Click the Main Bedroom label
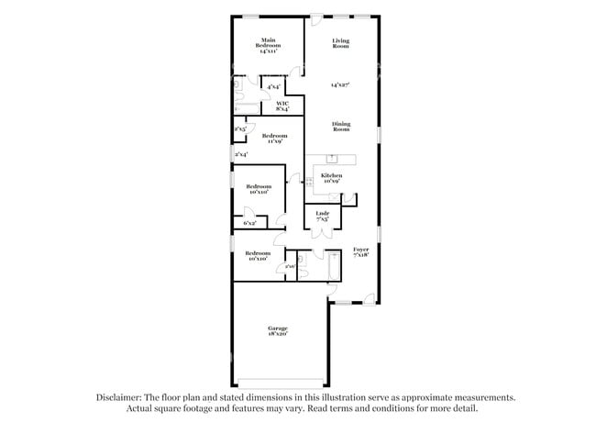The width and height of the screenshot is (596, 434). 269,45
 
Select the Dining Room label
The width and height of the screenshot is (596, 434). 341,127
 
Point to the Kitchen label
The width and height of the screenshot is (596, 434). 331,178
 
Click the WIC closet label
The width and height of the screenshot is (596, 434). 283,106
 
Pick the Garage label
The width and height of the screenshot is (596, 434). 278,331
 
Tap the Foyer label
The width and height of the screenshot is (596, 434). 361,254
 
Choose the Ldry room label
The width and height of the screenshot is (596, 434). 322,218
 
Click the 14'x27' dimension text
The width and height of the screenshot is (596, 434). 341,85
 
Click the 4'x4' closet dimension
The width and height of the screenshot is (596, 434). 273,87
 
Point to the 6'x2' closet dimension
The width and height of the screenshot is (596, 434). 249,223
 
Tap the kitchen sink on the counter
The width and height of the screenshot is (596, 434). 332,159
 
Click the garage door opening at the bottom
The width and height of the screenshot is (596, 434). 279,383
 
